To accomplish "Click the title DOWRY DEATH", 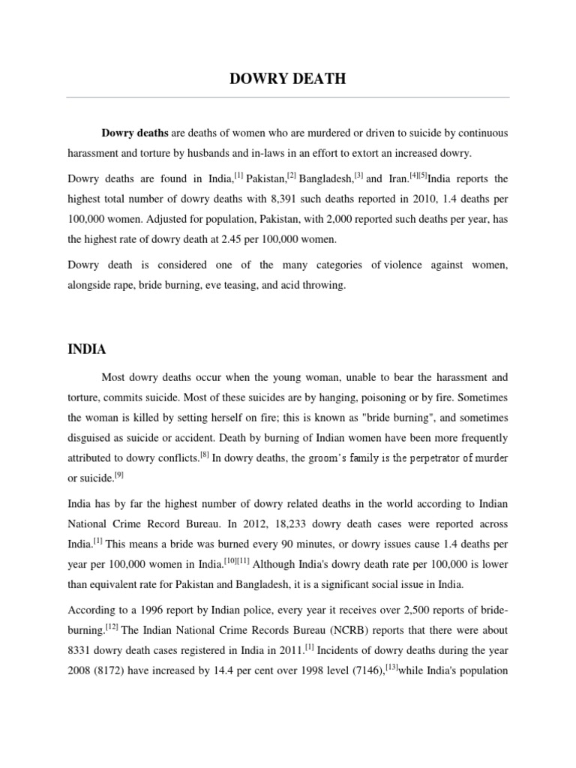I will pyautogui.click(x=287, y=79).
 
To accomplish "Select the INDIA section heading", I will pyautogui.click(x=87, y=349).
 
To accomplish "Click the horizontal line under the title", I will pyautogui.click(x=287, y=97).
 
